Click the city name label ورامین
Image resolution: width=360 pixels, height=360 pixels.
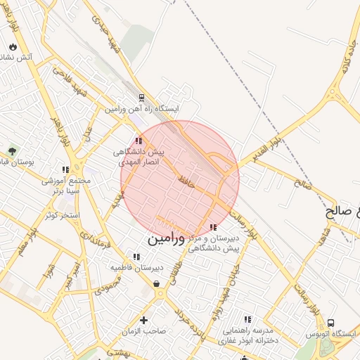tap(166, 239)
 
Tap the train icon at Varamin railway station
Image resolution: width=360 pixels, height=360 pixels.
tap(142, 98)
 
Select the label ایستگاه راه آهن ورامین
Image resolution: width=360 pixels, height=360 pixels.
tap(143, 110)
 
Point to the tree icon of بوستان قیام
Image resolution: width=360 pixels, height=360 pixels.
tap(12, 150)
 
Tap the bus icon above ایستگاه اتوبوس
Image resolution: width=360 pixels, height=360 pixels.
tap(331, 323)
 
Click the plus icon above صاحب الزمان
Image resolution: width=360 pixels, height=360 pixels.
tap(143, 320)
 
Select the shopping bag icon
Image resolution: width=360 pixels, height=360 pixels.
tap(155, 283)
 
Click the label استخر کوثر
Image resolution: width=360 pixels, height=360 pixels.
tap(62, 214)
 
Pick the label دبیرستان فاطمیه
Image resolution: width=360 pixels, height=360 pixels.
tap(136, 268)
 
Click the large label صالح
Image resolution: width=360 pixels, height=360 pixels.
tap(344, 210)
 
